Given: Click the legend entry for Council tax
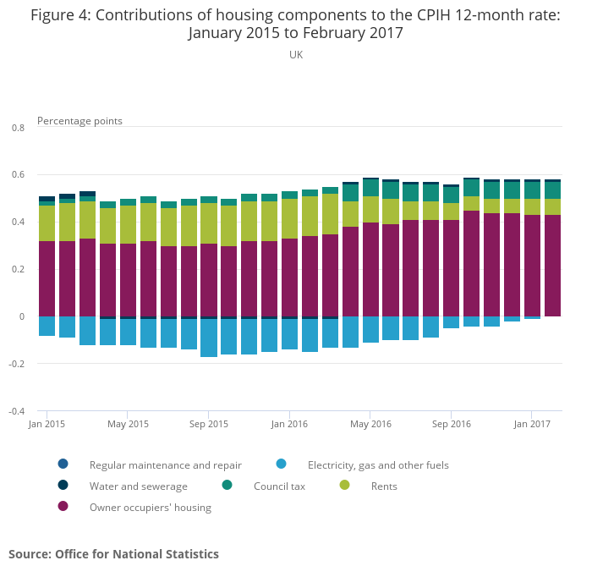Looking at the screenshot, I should [x=279, y=486].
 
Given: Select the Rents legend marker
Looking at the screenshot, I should [x=345, y=486].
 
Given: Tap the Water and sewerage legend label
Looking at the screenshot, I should [x=138, y=486].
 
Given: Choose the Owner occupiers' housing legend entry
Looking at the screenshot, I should [x=150, y=508].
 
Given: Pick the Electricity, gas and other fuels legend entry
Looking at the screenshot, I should [x=377, y=464].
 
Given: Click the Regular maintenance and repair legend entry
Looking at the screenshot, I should [x=165, y=464].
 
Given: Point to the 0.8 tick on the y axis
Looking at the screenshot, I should [x=18, y=128].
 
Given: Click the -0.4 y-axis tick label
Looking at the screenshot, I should [x=17, y=411].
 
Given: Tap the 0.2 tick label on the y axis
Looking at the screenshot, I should [x=18, y=269].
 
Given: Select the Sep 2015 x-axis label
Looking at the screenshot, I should [x=209, y=424].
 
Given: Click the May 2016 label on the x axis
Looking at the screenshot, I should [x=370, y=424].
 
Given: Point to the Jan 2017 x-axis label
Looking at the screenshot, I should [x=532, y=424].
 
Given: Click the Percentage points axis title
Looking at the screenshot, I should [x=79, y=121].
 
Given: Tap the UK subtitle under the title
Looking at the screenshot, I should [x=296, y=55].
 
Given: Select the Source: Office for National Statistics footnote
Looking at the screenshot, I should [x=113, y=554].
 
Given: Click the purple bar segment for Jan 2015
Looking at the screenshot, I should [x=47, y=278].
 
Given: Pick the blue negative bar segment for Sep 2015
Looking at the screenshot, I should [x=209, y=338].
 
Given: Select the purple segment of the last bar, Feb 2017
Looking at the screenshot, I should [x=552, y=266].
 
